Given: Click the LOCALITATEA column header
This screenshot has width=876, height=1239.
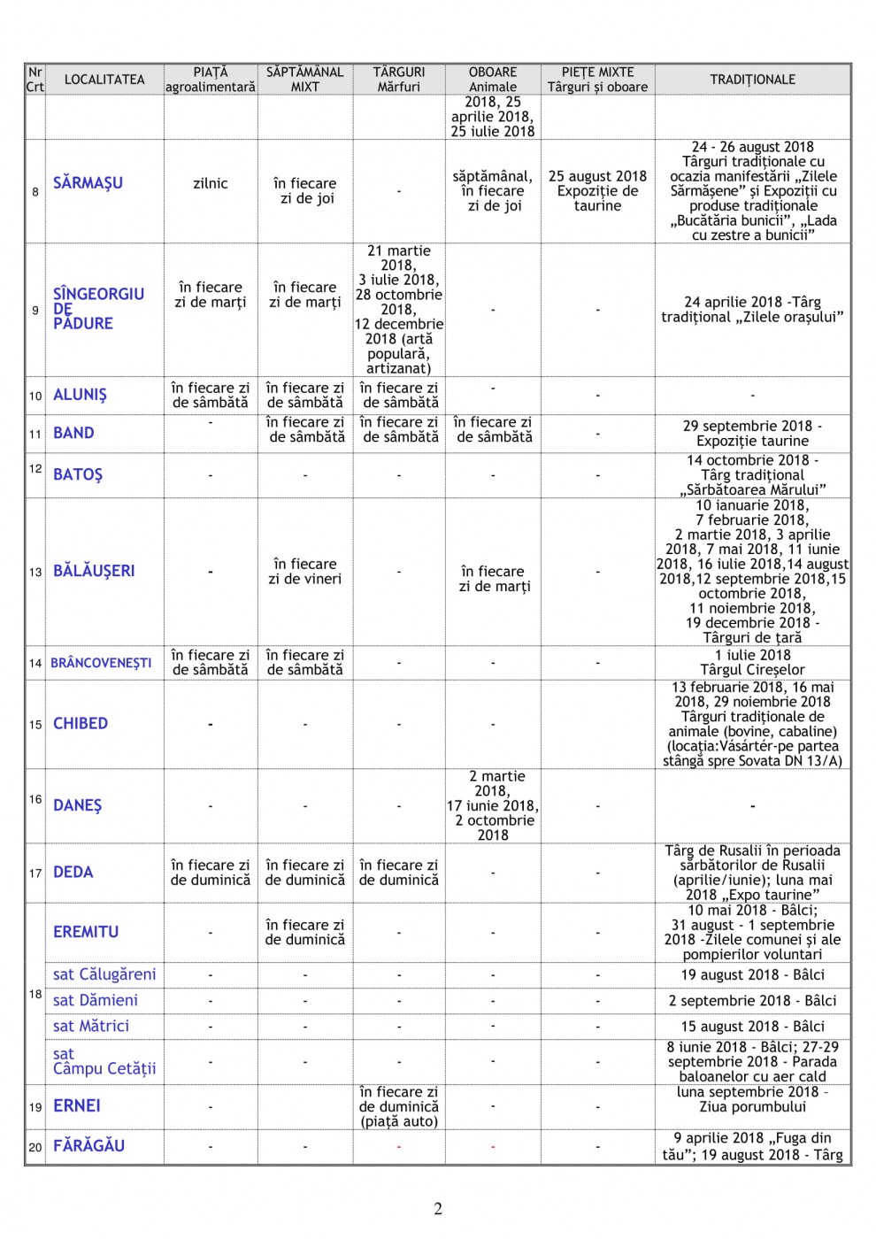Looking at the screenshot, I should coord(104,80).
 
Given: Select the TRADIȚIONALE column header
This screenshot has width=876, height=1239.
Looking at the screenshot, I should coord(752,80).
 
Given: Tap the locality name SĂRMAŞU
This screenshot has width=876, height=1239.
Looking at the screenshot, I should coord(88,183).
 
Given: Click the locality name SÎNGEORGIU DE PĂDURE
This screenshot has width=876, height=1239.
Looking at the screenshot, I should coord(97,309).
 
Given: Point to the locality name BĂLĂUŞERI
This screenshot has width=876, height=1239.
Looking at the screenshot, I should coord(94,571).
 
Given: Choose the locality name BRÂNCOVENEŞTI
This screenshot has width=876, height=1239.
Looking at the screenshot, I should coord(101,663).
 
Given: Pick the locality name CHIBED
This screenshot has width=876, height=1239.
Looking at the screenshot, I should coord(81,723).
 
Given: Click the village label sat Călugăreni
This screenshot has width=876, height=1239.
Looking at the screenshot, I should coord(104,974).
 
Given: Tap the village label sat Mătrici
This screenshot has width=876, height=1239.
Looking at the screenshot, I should coord(91,1026).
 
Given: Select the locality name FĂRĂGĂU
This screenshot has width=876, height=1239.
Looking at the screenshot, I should coord(88,1145).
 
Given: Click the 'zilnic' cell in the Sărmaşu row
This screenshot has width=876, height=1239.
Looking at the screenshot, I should coord(211,183).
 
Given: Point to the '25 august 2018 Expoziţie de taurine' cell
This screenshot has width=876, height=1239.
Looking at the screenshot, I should coord(597,190).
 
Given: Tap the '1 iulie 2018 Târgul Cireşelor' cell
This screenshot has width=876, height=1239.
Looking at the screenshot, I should coord(752,662).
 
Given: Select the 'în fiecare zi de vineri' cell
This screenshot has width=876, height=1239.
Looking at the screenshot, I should coord(304,571).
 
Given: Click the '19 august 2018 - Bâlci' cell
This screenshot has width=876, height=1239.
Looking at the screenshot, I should coord(752,974).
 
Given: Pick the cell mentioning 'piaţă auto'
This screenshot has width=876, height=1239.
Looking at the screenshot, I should coord(398,1106).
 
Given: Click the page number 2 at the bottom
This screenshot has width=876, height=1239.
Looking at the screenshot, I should coord(437,1209).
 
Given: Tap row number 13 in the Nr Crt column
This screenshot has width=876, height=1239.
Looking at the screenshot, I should coord(35,572).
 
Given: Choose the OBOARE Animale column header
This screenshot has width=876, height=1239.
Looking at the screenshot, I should coord(492,80).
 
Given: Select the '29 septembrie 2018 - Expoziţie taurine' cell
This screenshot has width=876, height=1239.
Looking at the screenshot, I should coord(752,433).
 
